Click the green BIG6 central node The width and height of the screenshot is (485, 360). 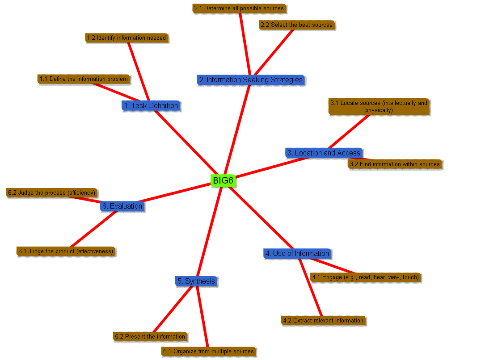pos(223,180)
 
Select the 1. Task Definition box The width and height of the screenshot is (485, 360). pos(151,106)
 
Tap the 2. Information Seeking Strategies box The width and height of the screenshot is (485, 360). pos(250,80)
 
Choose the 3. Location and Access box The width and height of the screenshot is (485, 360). pos(323,153)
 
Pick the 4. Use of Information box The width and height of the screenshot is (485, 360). pos(297,254)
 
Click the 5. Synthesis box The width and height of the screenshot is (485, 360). pos(196,281)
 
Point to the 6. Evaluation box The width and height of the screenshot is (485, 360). pos(122,206)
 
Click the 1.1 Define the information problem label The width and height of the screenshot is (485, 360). pos(84,79)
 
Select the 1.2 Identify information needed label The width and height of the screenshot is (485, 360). pos(127,38)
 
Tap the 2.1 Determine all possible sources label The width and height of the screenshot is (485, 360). pos(239,8)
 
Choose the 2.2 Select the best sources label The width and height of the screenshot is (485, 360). pos(297,25)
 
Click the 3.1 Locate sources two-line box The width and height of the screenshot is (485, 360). pos(379,107)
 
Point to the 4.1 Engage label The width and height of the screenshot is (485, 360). pos(366,277)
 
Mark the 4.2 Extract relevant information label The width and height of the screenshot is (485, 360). pos(324,320)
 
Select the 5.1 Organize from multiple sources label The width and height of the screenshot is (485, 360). pos(209,352)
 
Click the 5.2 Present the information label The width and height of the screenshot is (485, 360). pos(150,336)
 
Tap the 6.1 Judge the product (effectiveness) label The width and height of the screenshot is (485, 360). pos(66,251)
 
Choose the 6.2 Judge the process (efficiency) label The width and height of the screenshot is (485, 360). pos(52,193)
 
